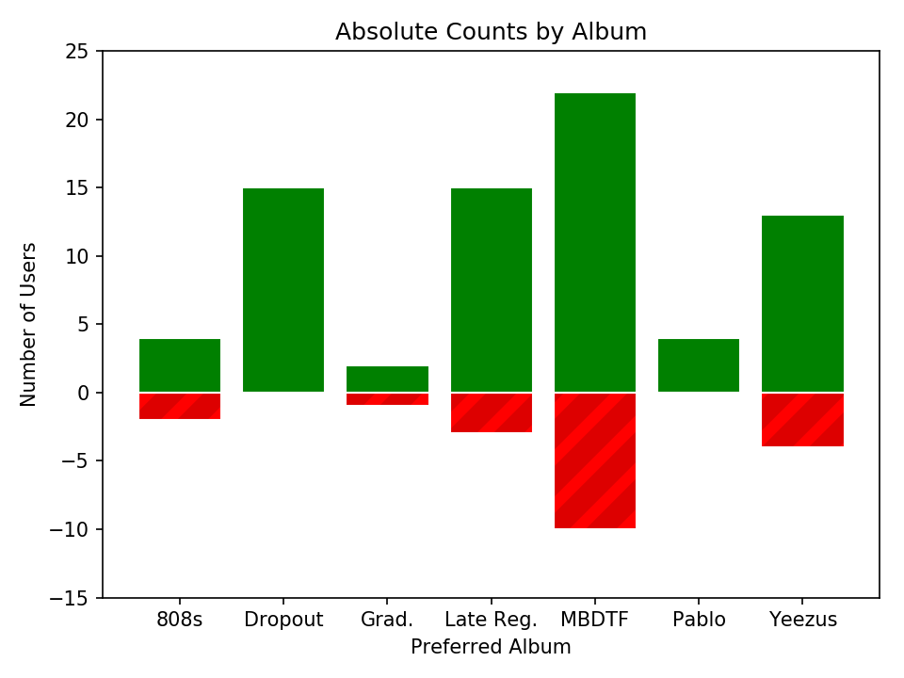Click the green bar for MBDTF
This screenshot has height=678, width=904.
click(x=595, y=243)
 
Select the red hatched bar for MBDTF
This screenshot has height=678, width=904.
click(x=595, y=460)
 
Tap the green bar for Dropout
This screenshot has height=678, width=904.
click(x=283, y=290)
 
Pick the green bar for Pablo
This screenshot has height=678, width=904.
click(x=699, y=365)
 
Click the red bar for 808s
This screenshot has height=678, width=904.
click(x=180, y=406)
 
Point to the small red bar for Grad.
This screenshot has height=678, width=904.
click(x=387, y=399)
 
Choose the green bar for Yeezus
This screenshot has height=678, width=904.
click(x=802, y=304)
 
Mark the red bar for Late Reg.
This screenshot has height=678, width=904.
click(x=492, y=412)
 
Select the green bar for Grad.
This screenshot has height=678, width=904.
click(x=387, y=379)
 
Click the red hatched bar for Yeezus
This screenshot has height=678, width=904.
click(x=802, y=420)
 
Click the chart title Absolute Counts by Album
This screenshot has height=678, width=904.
click(x=492, y=32)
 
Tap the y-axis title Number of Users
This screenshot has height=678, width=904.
click(x=27, y=325)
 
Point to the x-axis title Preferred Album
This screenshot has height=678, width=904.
click(x=492, y=647)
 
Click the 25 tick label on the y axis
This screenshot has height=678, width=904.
click(x=76, y=52)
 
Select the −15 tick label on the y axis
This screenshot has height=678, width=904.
click(x=69, y=599)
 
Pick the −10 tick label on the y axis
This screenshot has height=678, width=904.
click(x=69, y=530)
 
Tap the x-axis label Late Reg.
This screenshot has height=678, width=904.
click(x=492, y=620)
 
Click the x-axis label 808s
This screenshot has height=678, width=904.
click(x=180, y=620)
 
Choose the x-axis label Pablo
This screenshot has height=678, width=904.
click(x=699, y=620)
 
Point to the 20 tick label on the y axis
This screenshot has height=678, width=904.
click(x=76, y=120)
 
